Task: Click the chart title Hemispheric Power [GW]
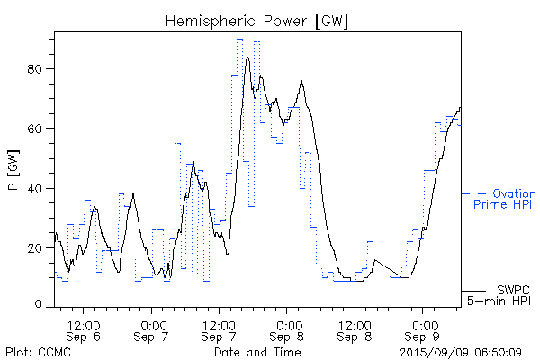coord(256,20)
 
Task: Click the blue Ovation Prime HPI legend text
coord(504,199)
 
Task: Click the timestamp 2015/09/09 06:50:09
coord(461,351)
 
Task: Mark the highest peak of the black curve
coord(247,58)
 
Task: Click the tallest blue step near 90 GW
coord(240,40)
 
